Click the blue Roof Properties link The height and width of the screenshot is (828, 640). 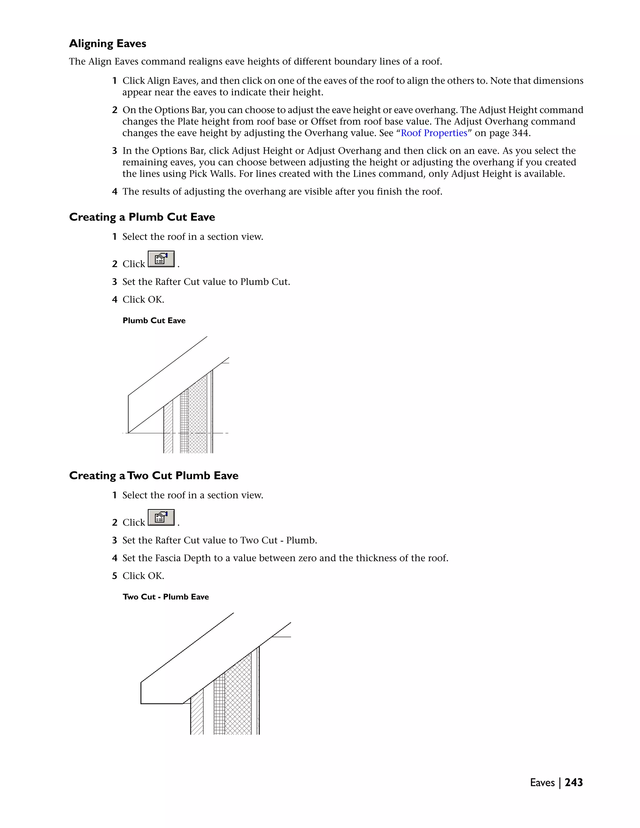pos(434,133)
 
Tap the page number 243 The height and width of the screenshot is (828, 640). pos(574,782)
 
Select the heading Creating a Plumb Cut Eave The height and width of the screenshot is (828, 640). pos(142,217)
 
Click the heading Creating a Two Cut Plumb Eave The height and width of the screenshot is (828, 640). pos(153,476)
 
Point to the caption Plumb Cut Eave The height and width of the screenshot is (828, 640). pos(154,321)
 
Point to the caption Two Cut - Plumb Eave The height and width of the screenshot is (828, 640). pos(166,597)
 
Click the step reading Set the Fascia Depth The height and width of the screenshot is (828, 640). pos(285,558)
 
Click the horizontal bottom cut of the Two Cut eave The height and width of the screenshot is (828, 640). pos(162,704)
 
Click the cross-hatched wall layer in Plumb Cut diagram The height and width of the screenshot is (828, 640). pos(197,417)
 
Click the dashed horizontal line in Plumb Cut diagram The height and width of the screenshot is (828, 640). pos(220,433)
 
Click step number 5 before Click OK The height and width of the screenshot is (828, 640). pos(114,576)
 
